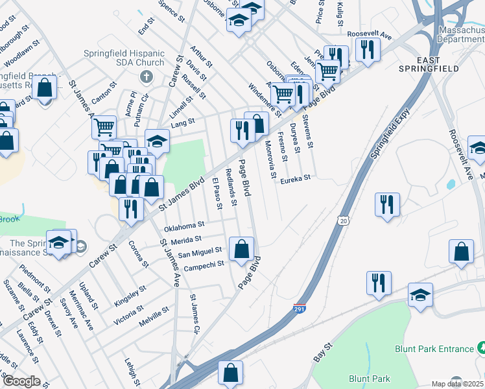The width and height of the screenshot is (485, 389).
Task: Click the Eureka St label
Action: click(x=296, y=179)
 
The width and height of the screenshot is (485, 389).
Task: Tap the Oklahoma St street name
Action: click(x=184, y=226)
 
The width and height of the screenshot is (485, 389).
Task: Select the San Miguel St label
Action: click(x=202, y=251)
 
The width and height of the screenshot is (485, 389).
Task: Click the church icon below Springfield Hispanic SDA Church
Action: click(x=147, y=77)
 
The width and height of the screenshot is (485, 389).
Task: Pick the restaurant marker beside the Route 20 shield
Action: click(x=387, y=204)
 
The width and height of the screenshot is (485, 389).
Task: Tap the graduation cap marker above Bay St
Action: click(x=420, y=294)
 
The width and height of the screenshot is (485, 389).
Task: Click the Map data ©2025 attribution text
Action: click(x=458, y=384)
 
